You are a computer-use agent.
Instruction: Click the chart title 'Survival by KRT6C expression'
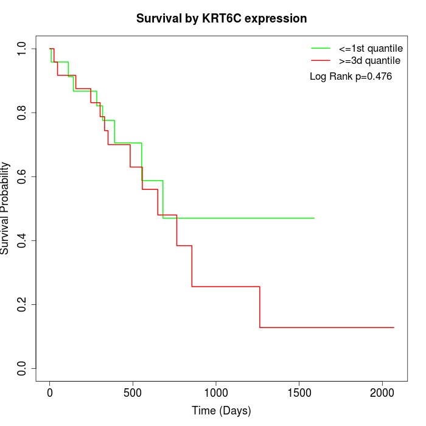click(222, 18)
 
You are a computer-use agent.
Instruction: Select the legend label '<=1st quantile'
click(371, 48)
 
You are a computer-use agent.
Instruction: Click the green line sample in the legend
click(321, 48)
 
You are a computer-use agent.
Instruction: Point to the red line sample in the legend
click(321, 60)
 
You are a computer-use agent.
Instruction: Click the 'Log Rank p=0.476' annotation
click(351, 77)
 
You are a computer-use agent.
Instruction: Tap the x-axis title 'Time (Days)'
click(222, 411)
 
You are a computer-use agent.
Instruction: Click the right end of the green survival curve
click(314, 218)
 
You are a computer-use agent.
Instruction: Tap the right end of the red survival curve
click(394, 327)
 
